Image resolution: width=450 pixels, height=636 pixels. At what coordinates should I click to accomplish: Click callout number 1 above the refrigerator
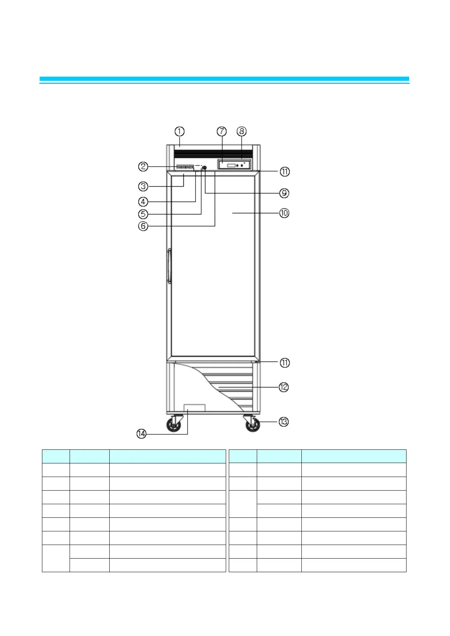click(179, 131)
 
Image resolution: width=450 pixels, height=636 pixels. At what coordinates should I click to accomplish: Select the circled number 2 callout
click(143, 166)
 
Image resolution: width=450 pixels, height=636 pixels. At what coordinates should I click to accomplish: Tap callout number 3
click(143, 186)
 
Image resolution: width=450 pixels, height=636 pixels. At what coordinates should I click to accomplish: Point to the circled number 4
click(143, 202)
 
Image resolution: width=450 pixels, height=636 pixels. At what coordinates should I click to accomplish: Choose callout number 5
click(143, 214)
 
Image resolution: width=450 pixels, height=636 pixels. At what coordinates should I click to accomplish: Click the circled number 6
click(143, 226)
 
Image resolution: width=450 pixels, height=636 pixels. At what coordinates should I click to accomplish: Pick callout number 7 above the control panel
click(222, 131)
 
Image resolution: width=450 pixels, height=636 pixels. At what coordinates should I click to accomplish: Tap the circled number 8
click(241, 131)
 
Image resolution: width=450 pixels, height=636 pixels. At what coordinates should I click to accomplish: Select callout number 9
click(284, 193)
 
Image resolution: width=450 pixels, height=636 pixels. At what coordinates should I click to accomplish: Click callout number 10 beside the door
click(284, 213)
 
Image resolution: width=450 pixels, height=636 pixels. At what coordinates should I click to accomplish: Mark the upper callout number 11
click(284, 172)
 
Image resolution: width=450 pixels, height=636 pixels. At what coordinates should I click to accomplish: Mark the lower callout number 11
click(284, 363)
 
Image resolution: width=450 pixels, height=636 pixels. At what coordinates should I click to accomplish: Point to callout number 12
click(284, 387)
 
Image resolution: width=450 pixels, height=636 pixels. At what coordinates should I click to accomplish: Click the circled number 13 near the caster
click(284, 421)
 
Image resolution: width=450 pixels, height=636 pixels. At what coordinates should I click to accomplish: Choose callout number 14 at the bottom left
click(141, 434)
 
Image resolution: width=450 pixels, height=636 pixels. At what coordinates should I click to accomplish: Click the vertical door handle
click(169, 266)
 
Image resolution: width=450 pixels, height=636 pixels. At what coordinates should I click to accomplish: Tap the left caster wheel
click(174, 426)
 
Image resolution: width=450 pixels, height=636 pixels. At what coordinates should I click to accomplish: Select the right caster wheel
click(253, 426)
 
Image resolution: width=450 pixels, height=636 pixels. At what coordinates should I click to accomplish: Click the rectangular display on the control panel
click(231, 165)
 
